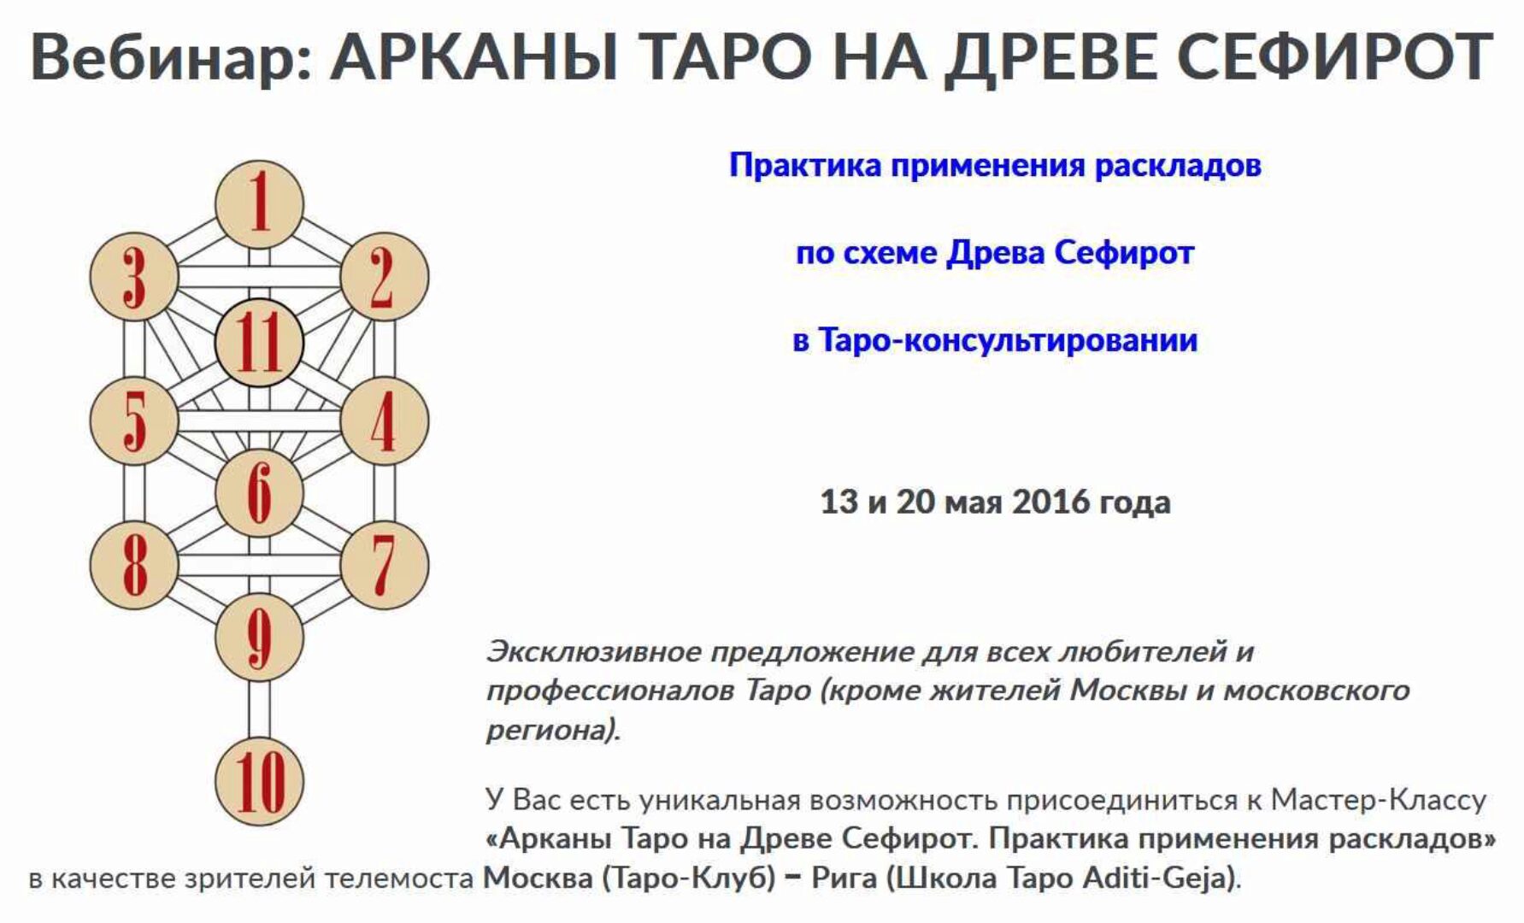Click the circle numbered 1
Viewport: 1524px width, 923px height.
pos(259,205)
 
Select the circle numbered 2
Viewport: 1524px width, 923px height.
pos(384,277)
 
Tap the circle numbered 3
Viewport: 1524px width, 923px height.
pos(134,277)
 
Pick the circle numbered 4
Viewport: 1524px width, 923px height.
pos(384,421)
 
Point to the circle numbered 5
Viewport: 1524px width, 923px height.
pos(134,421)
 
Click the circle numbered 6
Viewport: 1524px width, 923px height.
pos(259,493)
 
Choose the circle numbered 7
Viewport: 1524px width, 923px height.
pos(384,565)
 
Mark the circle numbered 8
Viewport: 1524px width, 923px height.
pos(134,565)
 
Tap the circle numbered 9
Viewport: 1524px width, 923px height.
pos(259,638)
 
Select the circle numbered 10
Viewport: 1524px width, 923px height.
pos(259,781)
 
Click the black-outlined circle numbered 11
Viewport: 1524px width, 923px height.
pos(259,344)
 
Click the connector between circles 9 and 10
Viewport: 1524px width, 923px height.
pos(259,709)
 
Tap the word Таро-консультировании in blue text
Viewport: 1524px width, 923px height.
pos(1008,340)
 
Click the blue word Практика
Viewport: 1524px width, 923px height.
pos(805,164)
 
